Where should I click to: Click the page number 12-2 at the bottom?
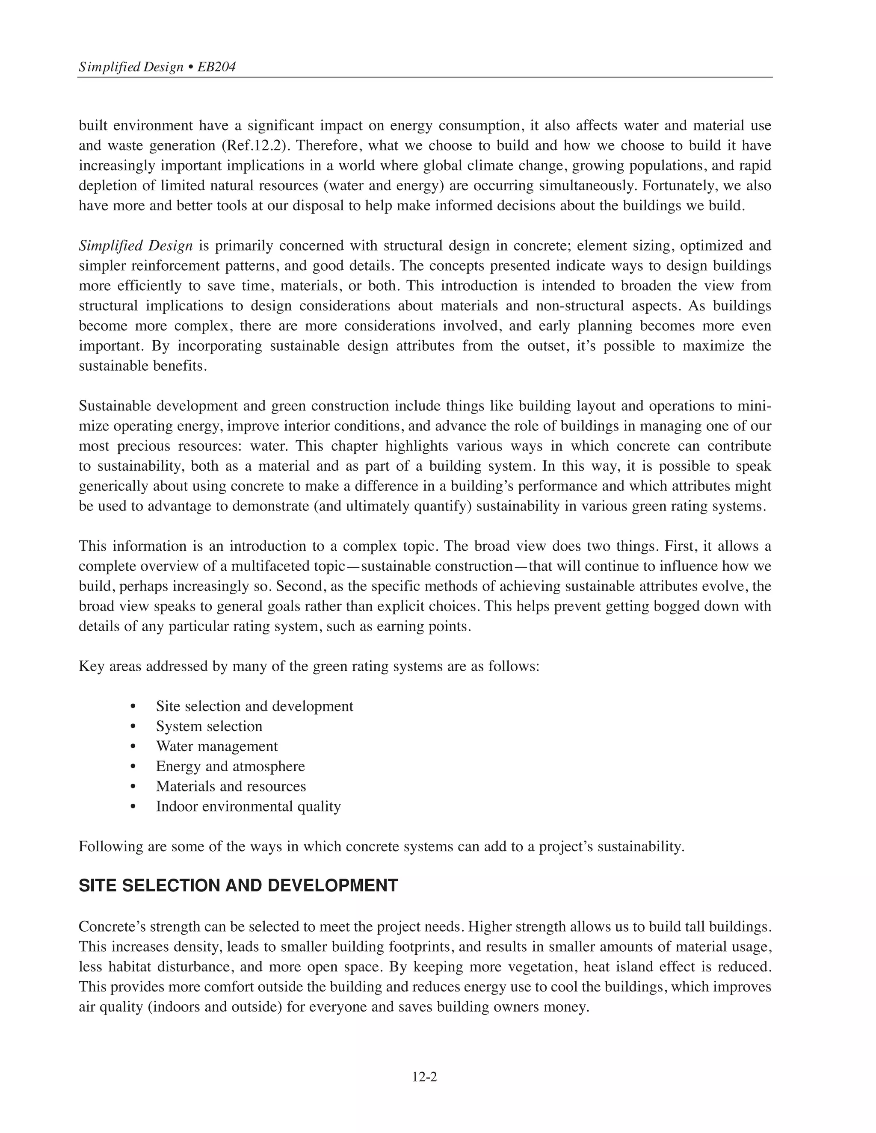424,1077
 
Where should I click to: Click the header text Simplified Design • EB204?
157,67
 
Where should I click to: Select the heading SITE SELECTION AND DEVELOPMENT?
238,885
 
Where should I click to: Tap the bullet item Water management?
216,746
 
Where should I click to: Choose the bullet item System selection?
209,726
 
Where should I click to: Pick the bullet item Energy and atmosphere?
231,766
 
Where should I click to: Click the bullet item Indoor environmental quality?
248,806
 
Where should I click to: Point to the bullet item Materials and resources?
231,786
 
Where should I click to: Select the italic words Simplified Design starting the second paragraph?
136,245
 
